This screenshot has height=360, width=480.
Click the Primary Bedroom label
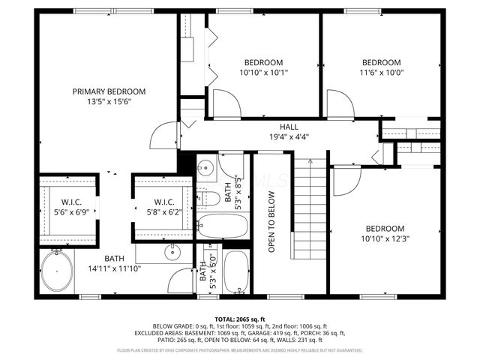point(109,91)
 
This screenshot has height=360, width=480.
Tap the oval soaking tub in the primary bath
point(57,271)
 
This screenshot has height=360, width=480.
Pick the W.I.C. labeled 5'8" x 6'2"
point(164,207)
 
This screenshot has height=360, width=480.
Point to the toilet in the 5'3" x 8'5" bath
point(204,198)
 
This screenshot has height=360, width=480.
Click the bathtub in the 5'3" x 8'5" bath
point(220,223)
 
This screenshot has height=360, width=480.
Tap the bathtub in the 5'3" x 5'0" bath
point(236,271)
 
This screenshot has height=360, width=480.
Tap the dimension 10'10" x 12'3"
point(385,238)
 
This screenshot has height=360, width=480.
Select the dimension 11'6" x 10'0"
point(381,73)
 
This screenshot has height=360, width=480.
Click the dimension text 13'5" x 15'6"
point(109,101)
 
